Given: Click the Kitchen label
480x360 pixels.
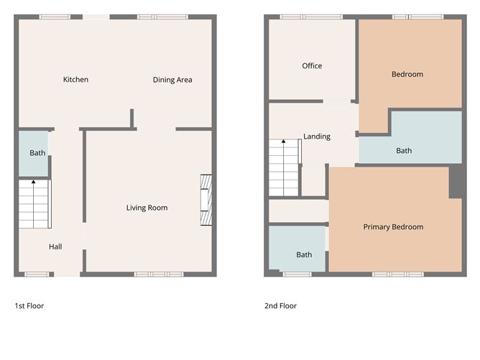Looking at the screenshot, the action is coord(75,80).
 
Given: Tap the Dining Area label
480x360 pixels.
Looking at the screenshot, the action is coord(172,80).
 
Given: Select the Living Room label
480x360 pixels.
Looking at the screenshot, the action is coord(147,208).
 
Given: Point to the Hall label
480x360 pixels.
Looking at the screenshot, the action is coord(55,246).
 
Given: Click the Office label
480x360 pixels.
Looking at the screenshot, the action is coord(312,66).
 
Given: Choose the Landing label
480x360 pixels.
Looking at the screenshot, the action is coord(317,137).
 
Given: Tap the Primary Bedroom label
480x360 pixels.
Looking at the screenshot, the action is coord(393,227).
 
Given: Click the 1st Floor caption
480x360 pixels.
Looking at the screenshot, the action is coord(29,306).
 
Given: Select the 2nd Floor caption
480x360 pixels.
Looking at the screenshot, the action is coord(280,306).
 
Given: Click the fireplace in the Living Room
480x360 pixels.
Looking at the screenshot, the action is coord(206,200).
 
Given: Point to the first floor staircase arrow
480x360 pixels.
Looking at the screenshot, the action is coord(33,204).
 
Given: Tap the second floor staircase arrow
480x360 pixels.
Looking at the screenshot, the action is coord(283,167).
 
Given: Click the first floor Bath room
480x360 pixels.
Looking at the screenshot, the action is coord(33,153).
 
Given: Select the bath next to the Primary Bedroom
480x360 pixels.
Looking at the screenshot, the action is coord(297,249).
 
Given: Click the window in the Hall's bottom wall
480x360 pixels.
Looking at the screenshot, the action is coord(37,274).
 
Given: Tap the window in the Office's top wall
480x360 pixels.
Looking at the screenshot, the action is coord(311,17).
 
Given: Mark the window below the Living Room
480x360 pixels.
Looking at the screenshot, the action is coord(159,274).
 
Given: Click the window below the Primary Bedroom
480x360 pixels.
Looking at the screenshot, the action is coord(398,274).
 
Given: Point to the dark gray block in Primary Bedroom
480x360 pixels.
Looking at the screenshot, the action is coord(456,182).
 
